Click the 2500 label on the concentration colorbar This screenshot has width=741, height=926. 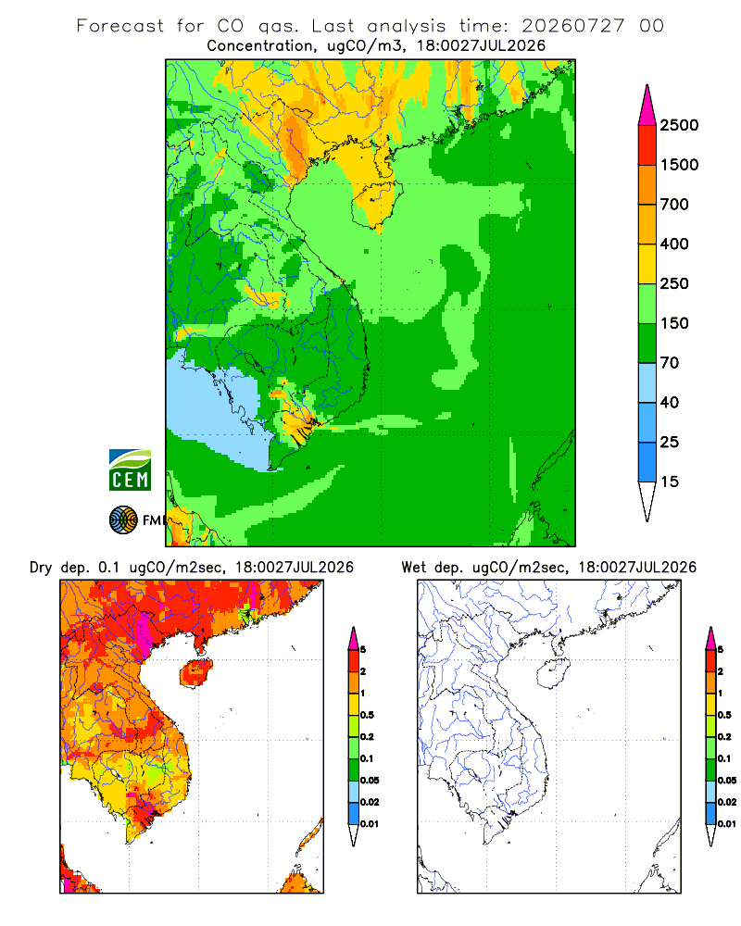(x=679, y=125)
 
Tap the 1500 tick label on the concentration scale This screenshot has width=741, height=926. (x=679, y=165)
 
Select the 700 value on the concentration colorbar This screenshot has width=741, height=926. (x=674, y=205)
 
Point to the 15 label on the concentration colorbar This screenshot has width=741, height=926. (x=670, y=482)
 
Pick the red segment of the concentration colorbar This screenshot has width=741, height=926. (x=647, y=145)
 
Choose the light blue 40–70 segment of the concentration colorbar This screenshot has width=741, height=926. (x=647, y=382)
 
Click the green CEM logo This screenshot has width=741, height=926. (x=130, y=470)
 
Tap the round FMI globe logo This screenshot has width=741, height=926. (x=123, y=520)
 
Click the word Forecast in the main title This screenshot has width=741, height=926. (x=120, y=26)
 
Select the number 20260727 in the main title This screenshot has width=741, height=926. (x=572, y=26)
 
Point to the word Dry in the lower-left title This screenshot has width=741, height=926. (x=41, y=568)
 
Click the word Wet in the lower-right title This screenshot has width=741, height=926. (x=414, y=568)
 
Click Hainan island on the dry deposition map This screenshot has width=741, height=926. (x=196, y=673)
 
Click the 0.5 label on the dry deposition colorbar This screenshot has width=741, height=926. (x=367, y=715)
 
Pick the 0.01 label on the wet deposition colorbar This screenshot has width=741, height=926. (x=727, y=824)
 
